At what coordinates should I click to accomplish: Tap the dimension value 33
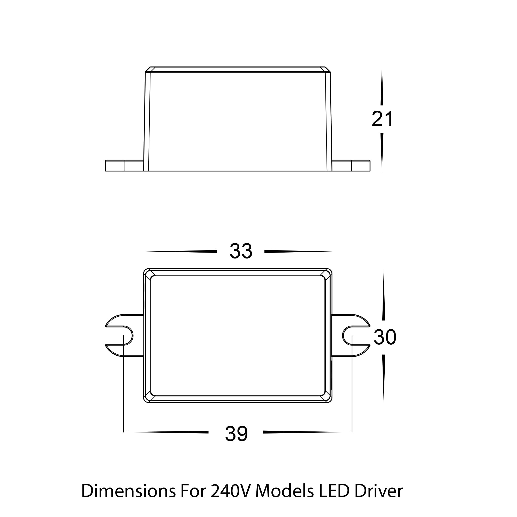241,251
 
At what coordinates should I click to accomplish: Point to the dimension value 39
236,434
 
